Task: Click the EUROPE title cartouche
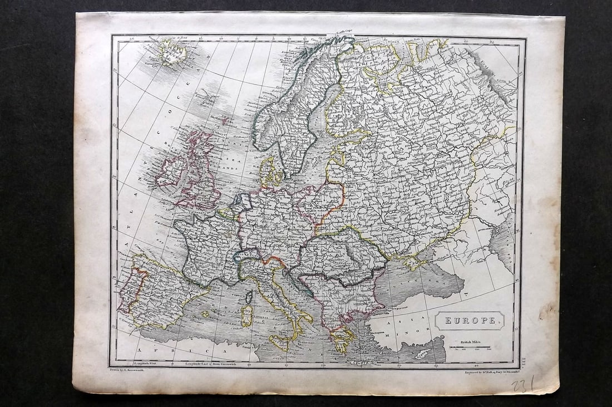pos(470,320)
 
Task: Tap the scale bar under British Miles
pos(470,349)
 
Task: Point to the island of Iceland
pos(172,52)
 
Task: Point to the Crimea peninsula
pos(415,262)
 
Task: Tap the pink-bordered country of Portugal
pos(127,290)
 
